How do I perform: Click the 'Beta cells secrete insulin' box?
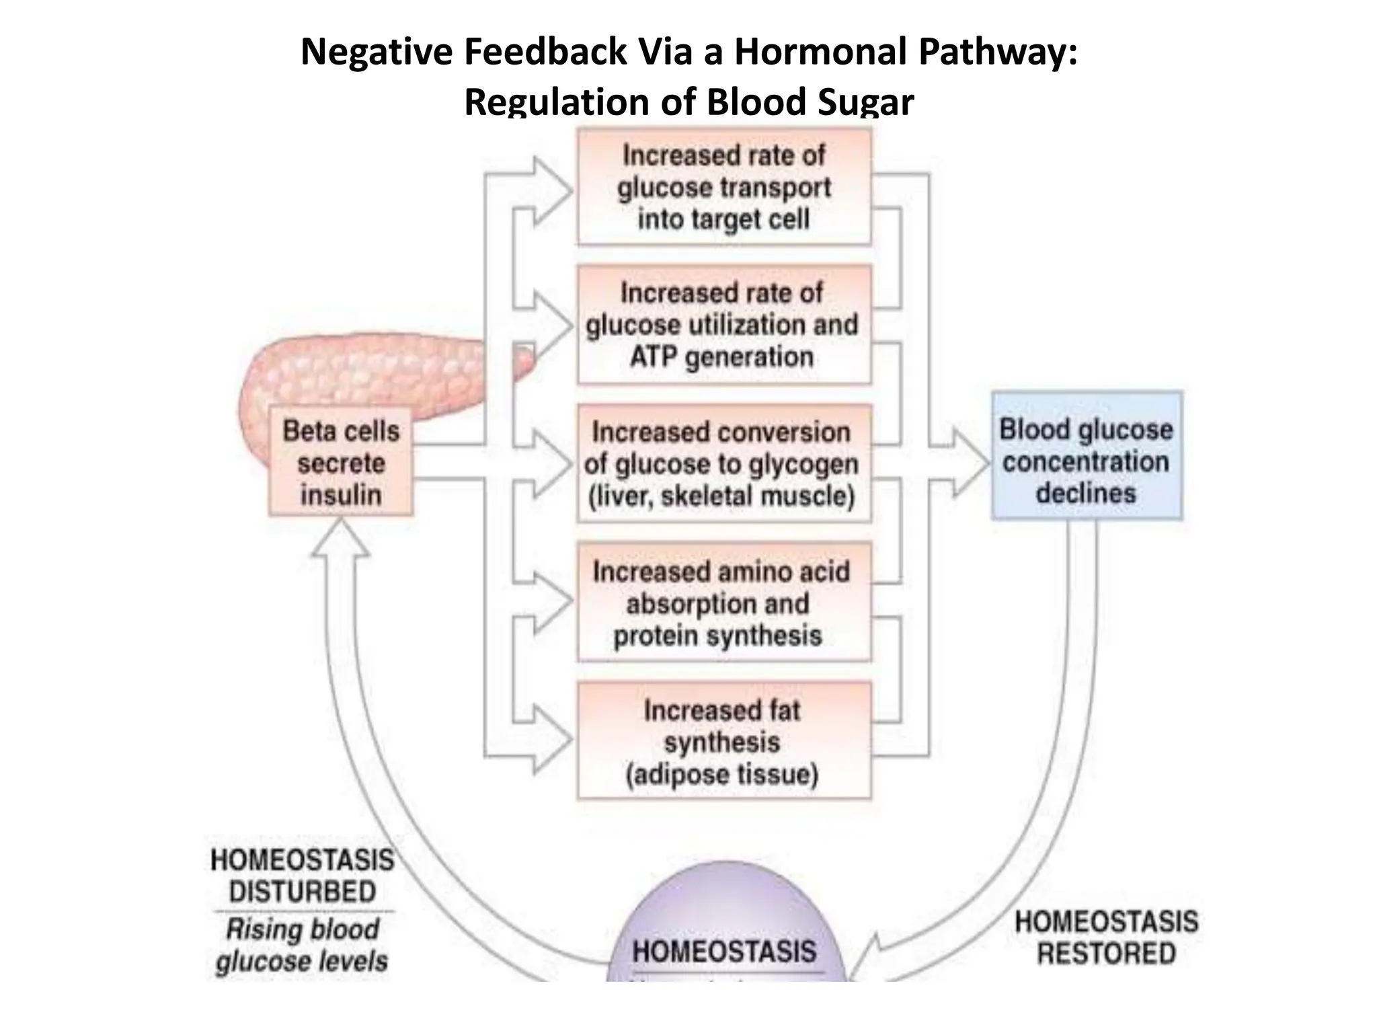point(340,462)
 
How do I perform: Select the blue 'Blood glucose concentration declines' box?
point(1086,455)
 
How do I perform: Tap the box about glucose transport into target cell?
point(723,187)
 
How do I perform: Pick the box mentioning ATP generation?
point(723,325)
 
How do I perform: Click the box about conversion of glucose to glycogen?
point(723,463)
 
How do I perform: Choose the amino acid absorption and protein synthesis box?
point(723,602)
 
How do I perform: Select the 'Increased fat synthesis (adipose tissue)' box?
point(723,741)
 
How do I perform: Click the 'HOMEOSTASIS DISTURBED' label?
point(303,876)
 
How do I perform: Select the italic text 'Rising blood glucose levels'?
point(303,945)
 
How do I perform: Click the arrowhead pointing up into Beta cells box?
point(340,538)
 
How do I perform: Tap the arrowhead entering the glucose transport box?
point(553,191)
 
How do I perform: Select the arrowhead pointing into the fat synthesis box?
point(553,740)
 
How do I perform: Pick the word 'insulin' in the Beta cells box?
point(340,495)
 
